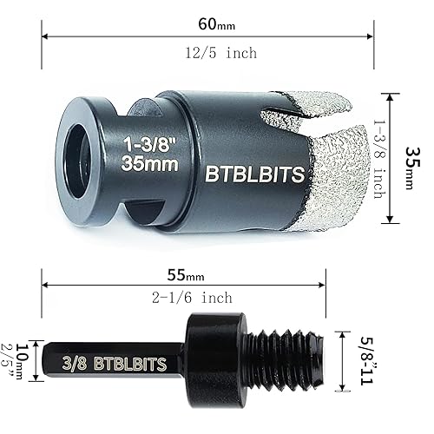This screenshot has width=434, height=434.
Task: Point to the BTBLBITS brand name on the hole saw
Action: pyautogui.click(x=254, y=174)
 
